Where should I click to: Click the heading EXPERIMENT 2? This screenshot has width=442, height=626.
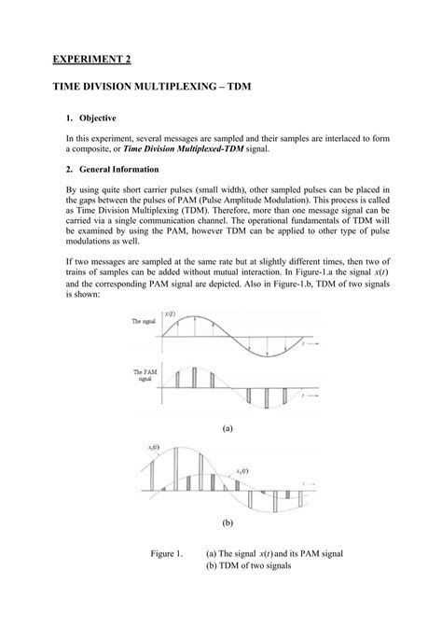tap(90, 60)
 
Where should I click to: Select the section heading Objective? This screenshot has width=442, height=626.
tap(106, 120)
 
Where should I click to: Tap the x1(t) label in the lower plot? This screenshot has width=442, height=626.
tap(155, 452)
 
